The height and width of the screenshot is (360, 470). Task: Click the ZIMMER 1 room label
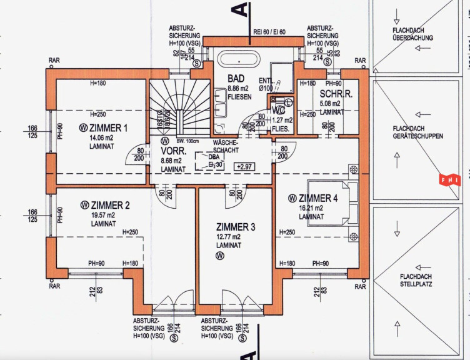coord(107,127)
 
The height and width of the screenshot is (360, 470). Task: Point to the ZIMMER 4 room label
coord(317,198)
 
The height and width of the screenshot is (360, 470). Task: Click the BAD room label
coord(236,79)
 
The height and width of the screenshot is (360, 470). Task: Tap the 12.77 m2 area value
coord(229,237)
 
